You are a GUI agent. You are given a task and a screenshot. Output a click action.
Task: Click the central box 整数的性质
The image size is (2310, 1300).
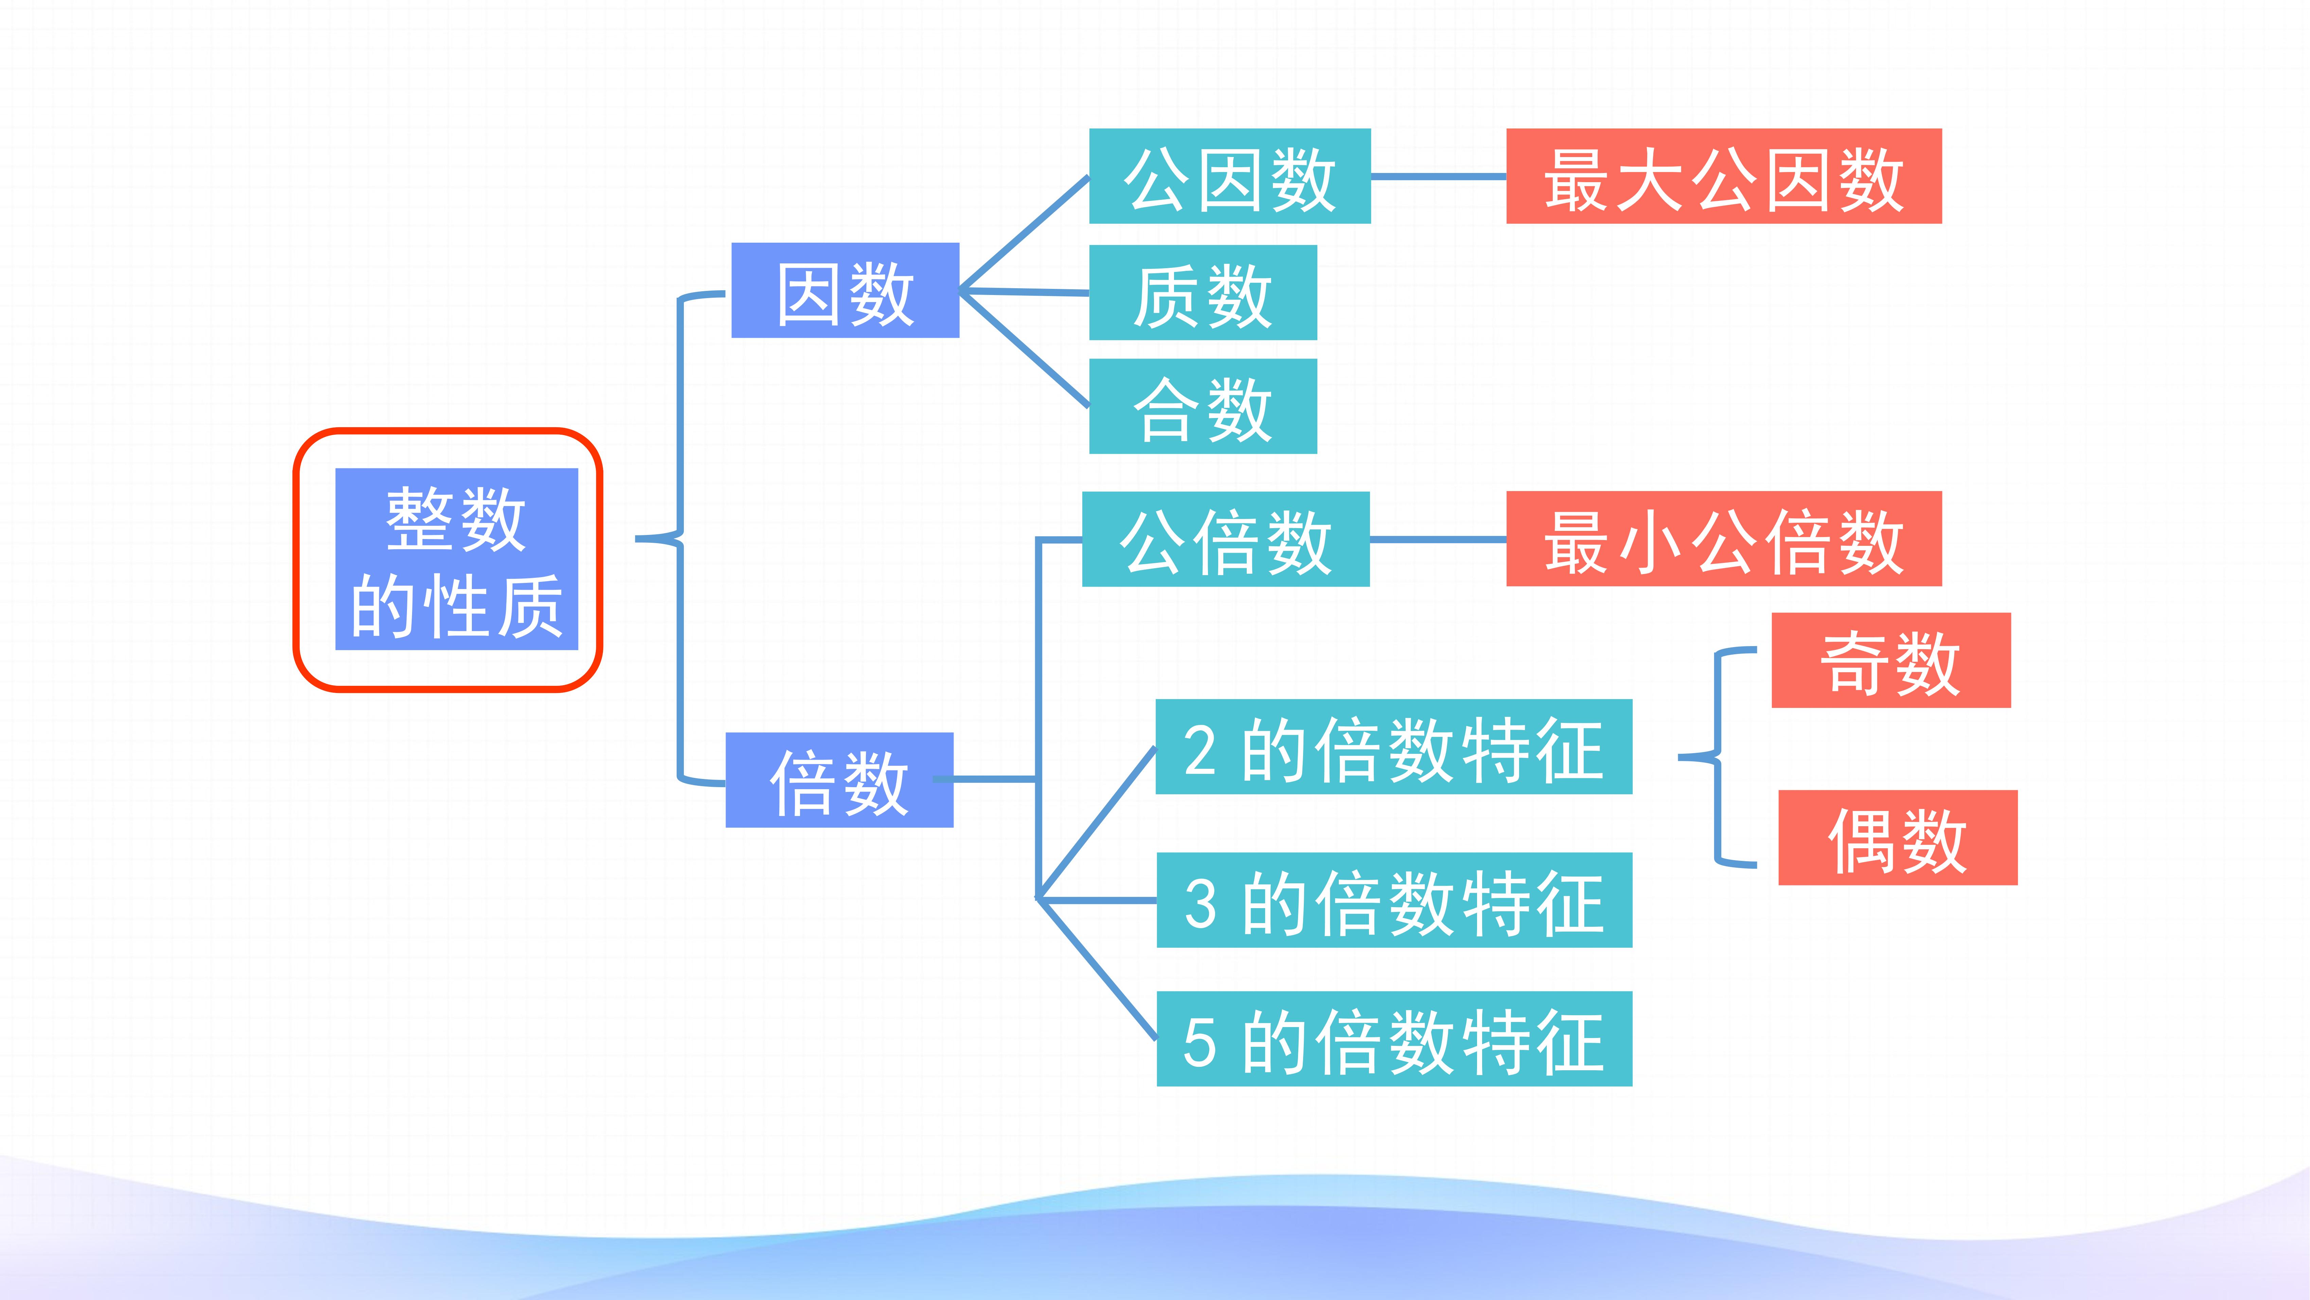[457, 559]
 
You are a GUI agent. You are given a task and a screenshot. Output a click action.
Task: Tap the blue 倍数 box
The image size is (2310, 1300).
[839, 780]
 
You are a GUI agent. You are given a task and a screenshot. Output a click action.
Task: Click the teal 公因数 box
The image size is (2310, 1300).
[1229, 176]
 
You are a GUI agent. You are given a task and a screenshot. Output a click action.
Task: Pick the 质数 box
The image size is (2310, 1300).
[1203, 293]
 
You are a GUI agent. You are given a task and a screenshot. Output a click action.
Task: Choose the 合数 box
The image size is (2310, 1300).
[1203, 406]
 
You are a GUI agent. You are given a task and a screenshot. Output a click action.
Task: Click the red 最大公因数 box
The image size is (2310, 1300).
[1724, 176]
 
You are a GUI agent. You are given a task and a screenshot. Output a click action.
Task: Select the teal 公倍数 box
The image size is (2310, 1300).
[1226, 539]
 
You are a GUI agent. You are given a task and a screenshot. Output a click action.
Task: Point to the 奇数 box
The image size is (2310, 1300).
[1891, 660]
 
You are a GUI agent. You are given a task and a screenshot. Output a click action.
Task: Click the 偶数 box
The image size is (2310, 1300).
[1898, 838]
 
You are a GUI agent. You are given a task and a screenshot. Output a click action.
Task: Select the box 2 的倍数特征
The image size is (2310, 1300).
[1393, 746]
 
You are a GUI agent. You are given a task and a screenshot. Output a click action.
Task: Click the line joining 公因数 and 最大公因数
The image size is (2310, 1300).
[1438, 177]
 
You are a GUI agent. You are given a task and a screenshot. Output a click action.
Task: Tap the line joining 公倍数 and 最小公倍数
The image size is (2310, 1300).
[1438, 539]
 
